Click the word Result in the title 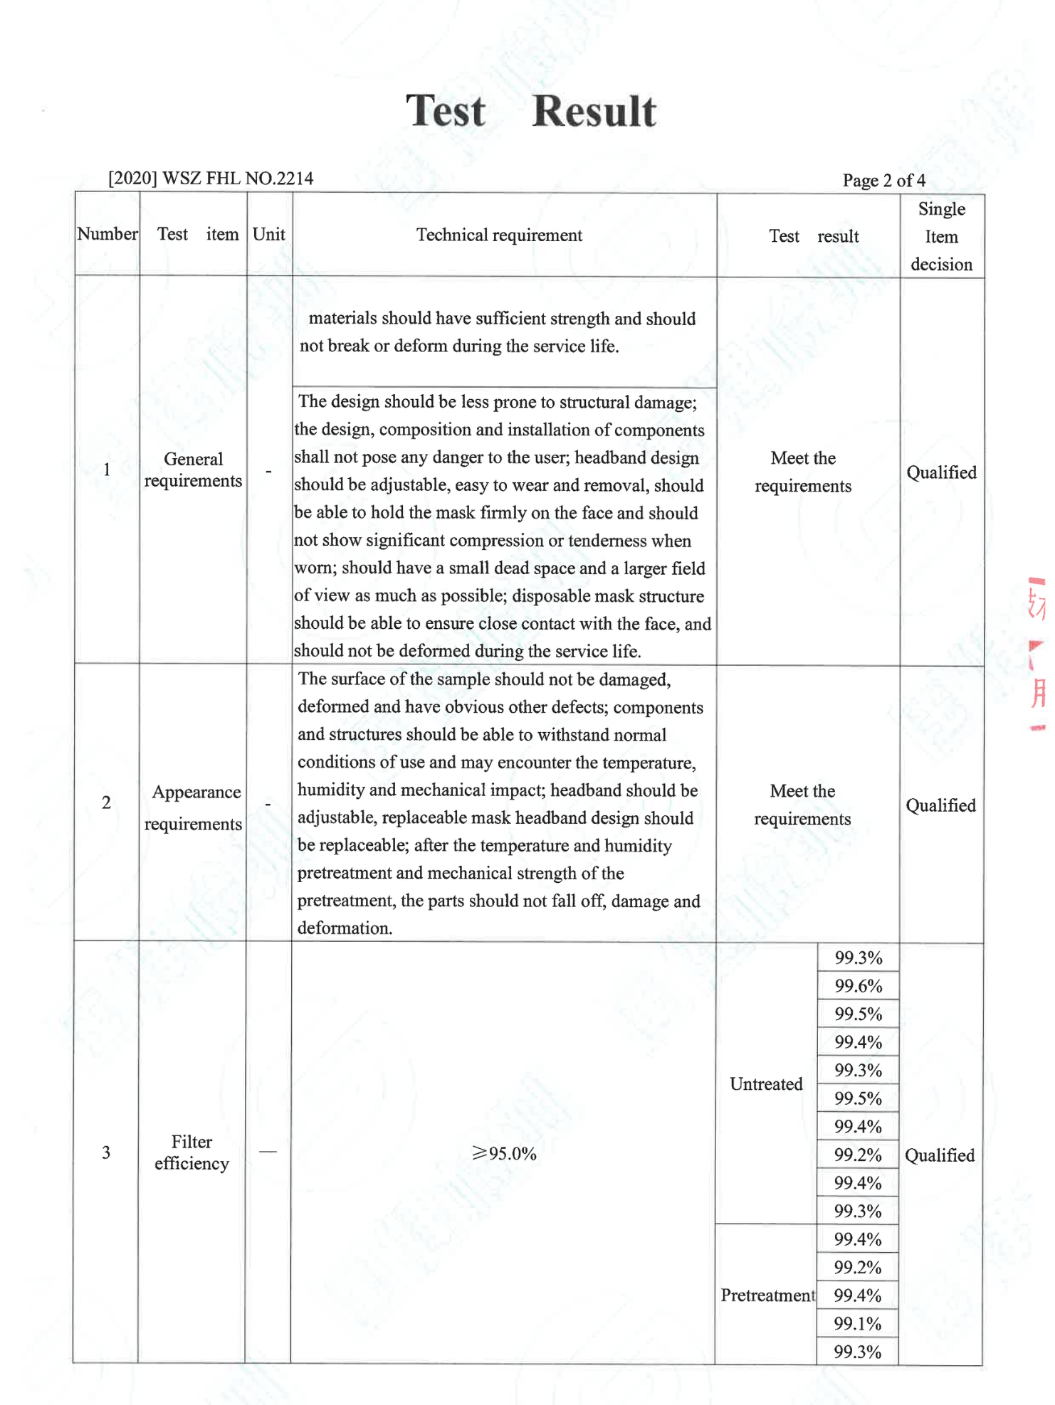(593, 112)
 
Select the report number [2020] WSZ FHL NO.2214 (211, 178)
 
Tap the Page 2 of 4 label (883, 180)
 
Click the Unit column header (268, 234)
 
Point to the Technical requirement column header (499, 235)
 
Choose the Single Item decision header (941, 236)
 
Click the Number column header (107, 234)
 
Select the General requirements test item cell (193, 470)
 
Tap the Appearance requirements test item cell (194, 807)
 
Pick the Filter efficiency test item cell (191, 1152)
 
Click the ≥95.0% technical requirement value (504, 1153)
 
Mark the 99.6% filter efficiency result (858, 986)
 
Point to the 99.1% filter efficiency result (857, 1323)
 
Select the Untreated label (766, 1083)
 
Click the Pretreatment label (767, 1295)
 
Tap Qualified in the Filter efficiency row (940, 1155)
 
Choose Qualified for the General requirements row (941, 472)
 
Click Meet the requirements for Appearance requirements (802, 805)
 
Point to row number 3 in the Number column (106, 1152)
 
